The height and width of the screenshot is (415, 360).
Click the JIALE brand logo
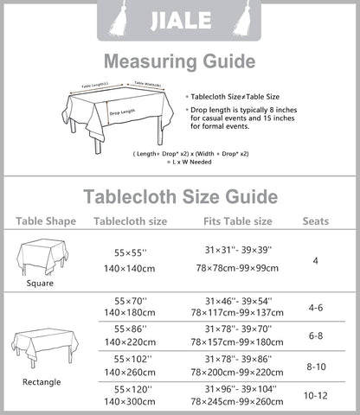coord(179,18)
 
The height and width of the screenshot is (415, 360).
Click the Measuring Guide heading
coord(179,61)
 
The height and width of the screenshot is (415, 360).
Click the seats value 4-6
coord(316,306)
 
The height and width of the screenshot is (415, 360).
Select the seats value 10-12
coord(316,394)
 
